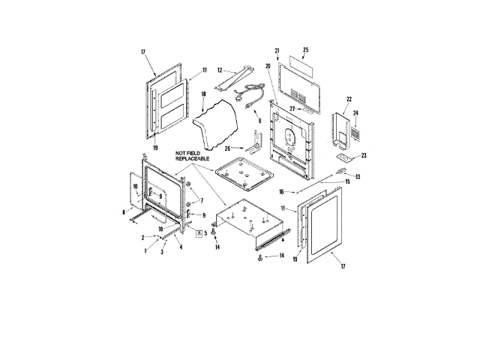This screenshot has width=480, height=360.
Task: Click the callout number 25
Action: (305, 50)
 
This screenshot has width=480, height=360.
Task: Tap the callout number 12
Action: (220, 70)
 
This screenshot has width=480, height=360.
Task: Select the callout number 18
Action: (203, 94)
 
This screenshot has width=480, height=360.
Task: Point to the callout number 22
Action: (349, 99)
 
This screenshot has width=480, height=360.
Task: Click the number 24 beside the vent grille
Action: (355, 113)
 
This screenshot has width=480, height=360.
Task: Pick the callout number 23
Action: (363, 155)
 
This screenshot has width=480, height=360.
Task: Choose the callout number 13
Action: (358, 177)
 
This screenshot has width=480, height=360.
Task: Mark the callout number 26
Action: (227, 148)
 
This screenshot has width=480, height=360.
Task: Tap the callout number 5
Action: (205, 233)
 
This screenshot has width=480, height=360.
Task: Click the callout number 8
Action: (124, 212)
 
